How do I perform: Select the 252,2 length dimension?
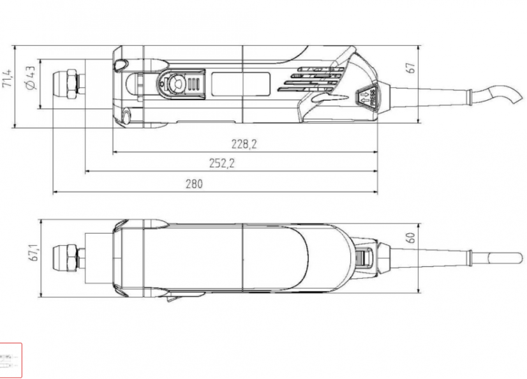click(x=222, y=164)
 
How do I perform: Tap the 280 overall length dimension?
click(x=194, y=184)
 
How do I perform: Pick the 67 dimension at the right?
click(x=412, y=68)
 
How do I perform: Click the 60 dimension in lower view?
click(x=412, y=237)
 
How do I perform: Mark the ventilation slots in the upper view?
click(x=313, y=77)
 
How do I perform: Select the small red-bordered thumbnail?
click(x=10, y=360)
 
